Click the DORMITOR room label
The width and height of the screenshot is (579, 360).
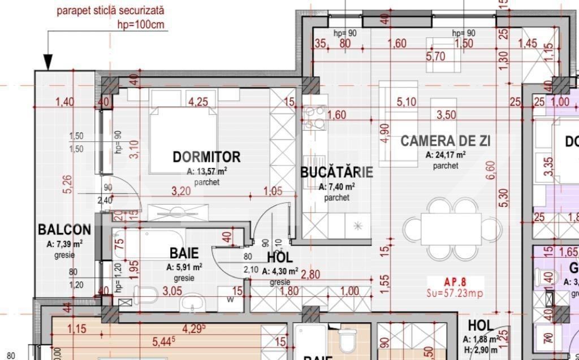(x=206, y=157)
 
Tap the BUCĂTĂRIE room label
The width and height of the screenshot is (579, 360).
(x=336, y=172)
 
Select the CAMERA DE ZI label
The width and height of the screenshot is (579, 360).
(x=445, y=141)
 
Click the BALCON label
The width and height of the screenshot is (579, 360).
(x=64, y=229)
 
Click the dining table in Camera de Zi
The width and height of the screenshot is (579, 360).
(x=451, y=228)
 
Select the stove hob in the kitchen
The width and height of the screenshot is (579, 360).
(x=314, y=119)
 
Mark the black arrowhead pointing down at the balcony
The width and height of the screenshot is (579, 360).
(x=48, y=61)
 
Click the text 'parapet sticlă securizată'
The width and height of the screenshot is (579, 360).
(x=110, y=10)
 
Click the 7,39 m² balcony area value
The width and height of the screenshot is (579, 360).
(x=64, y=244)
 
